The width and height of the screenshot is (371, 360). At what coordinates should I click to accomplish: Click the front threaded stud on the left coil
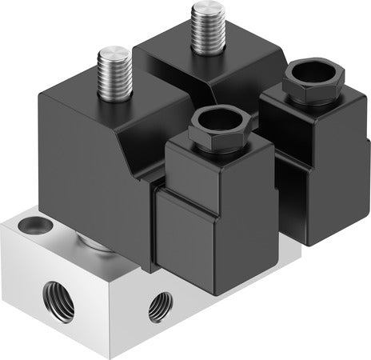pos(114,74)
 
